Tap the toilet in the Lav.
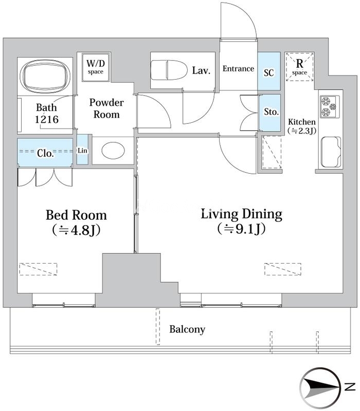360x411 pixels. pyautogui.click(x=169, y=70)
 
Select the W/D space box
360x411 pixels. pyautogui.click(x=96, y=67)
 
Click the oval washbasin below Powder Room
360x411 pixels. pyautogui.click(x=113, y=151)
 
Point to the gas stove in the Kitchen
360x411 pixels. pyautogui.click(x=330, y=106)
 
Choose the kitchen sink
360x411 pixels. pyautogui.click(x=331, y=152)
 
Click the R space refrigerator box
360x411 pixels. pyautogui.click(x=299, y=67)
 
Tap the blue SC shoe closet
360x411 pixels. pyautogui.click(x=269, y=71)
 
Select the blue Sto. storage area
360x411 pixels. pyautogui.click(x=269, y=113)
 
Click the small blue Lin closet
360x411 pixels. pyautogui.click(x=82, y=150)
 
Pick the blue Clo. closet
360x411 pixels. pyautogui.click(x=45, y=153)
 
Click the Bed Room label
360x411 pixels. pyautogui.click(x=76, y=215)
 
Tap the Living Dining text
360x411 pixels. pyautogui.click(x=242, y=214)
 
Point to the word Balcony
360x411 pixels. pyautogui.click(x=187, y=329)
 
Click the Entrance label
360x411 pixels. pyautogui.click(x=238, y=69)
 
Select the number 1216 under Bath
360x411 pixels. pyautogui.click(x=47, y=120)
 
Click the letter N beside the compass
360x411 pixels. pyautogui.click(x=350, y=387)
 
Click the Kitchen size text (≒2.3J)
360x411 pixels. pyautogui.click(x=301, y=130)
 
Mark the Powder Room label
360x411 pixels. pyautogui.click(x=106, y=108)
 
